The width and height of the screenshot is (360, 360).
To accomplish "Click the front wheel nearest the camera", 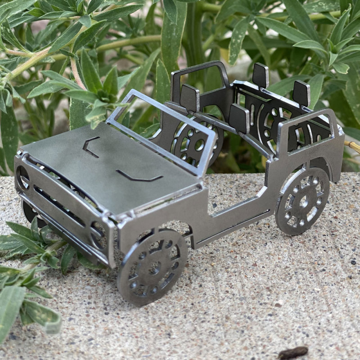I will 152,267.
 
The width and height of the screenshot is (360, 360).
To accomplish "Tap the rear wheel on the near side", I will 302,201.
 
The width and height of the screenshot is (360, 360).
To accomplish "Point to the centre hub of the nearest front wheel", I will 154,268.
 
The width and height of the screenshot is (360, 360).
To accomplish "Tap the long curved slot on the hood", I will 139,176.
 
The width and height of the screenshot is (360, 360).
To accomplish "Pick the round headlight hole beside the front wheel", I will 98,234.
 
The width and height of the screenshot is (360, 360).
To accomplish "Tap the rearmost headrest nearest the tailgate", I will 301,93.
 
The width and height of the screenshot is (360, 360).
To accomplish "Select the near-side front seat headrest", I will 239,118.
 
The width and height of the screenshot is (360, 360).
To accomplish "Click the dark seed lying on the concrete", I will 293,352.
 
